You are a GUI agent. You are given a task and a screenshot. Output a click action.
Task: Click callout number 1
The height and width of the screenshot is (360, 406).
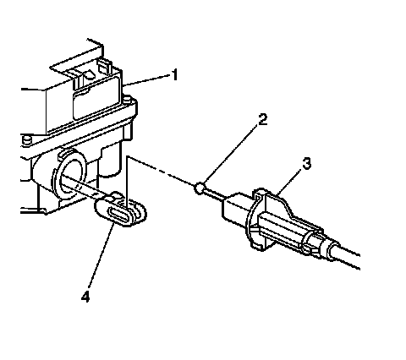[175, 75]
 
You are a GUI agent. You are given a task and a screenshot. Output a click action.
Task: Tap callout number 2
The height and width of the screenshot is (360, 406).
[263, 119]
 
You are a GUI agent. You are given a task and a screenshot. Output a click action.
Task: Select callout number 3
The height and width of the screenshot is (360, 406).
[306, 164]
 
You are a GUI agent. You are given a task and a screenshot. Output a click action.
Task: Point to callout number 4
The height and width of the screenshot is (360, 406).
[85, 297]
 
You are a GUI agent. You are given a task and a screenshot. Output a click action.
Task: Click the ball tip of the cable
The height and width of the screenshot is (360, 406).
[199, 188]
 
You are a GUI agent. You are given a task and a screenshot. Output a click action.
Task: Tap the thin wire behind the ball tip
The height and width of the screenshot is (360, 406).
[213, 195]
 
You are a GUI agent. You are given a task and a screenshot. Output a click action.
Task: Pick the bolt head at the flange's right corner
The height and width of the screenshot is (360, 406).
[127, 100]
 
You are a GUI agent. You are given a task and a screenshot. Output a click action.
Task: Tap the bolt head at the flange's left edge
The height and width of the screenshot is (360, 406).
[26, 140]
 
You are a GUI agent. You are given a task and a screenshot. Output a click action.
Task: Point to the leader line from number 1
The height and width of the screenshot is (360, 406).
[147, 80]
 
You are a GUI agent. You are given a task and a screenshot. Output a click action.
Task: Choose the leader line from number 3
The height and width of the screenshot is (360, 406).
[290, 181]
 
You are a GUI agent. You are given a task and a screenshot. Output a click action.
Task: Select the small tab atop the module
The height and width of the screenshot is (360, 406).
[103, 66]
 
